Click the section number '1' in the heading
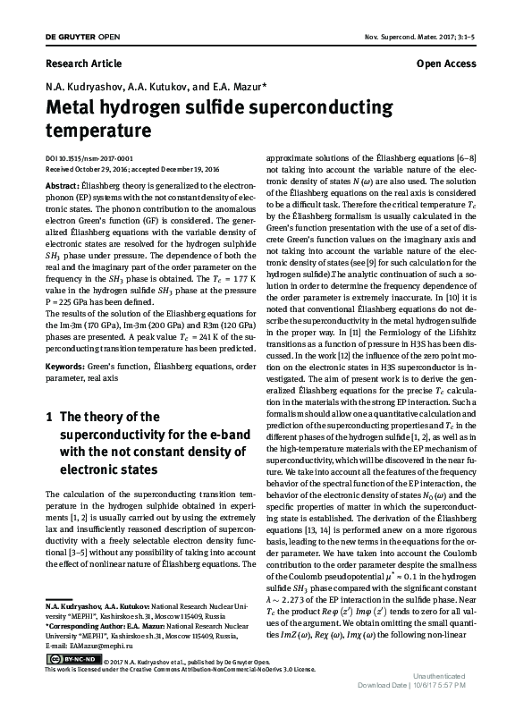click(48, 417)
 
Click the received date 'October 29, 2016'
click(106, 166)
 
